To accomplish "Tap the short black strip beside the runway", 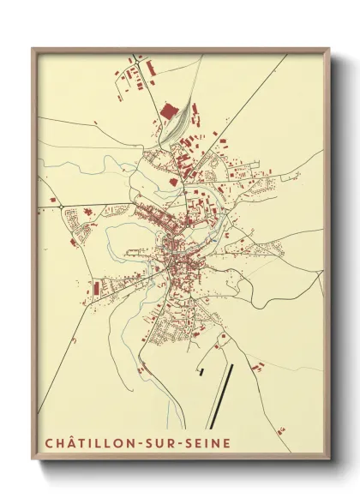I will tap(201, 371).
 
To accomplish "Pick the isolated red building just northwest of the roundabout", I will tap(52, 200).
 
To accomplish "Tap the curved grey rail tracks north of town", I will tap(177, 129).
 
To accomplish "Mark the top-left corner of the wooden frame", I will tap(33, 48).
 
